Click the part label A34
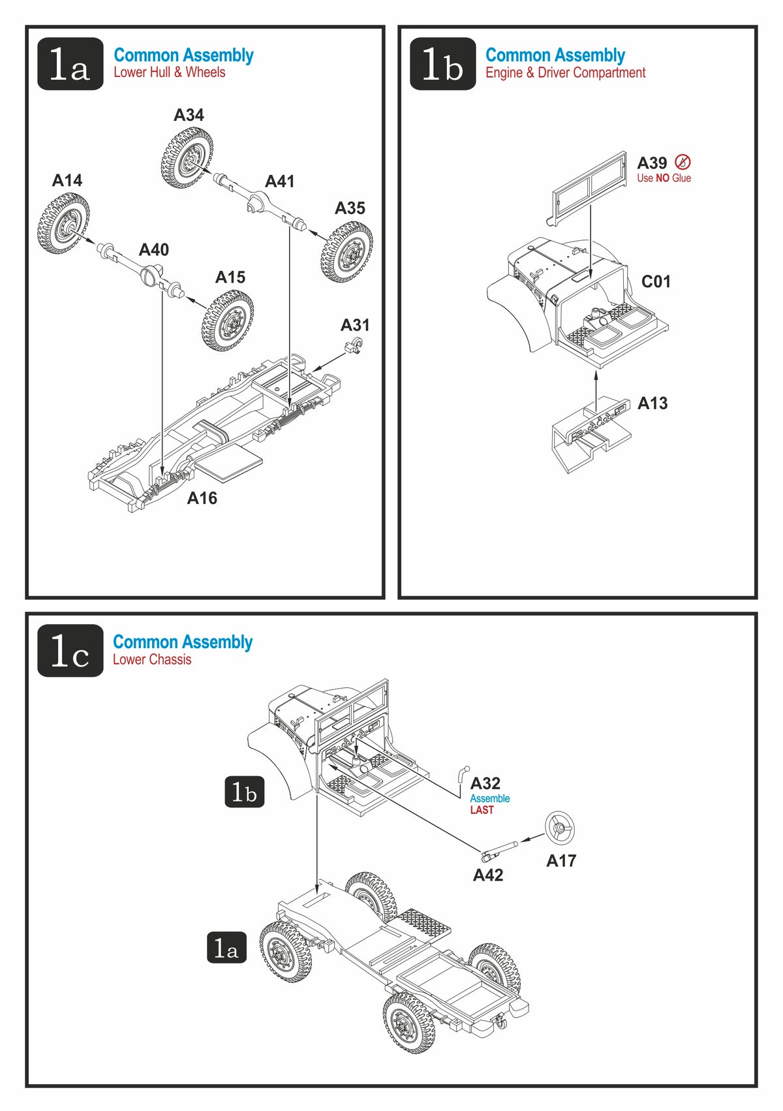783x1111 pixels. pyautogui.click(x=189, y=115)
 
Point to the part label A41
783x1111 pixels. pyautogui.click(x=279, y=181)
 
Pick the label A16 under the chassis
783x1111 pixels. pyautogui.click(x=202, y=498)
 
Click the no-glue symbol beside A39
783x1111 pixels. pyautogui.click(x=683, y=161)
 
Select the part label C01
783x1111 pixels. pyautogui.click(x=656, y=281)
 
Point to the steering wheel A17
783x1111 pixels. pyautogui.click(x=560, y=828)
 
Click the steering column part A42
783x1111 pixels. pyautogui.click(x=500, y=851)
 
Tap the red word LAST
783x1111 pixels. pyautogui.click(x=482, y=810)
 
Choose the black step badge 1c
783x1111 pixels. pyautogui.click(x=70, y=651)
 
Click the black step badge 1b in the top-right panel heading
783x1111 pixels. pyautogui.click(x=442, y=64)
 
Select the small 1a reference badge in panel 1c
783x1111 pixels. pyautogui.click(x=226, y=948)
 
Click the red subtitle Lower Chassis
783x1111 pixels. pyautogui.click(x=152, y=659)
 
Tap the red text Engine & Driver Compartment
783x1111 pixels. pyautogui.click(x=565, y=72)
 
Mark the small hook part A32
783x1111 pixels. pyautogui.click(x=463, y=774)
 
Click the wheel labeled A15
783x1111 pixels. pyautogui.click(x=228, y=321)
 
